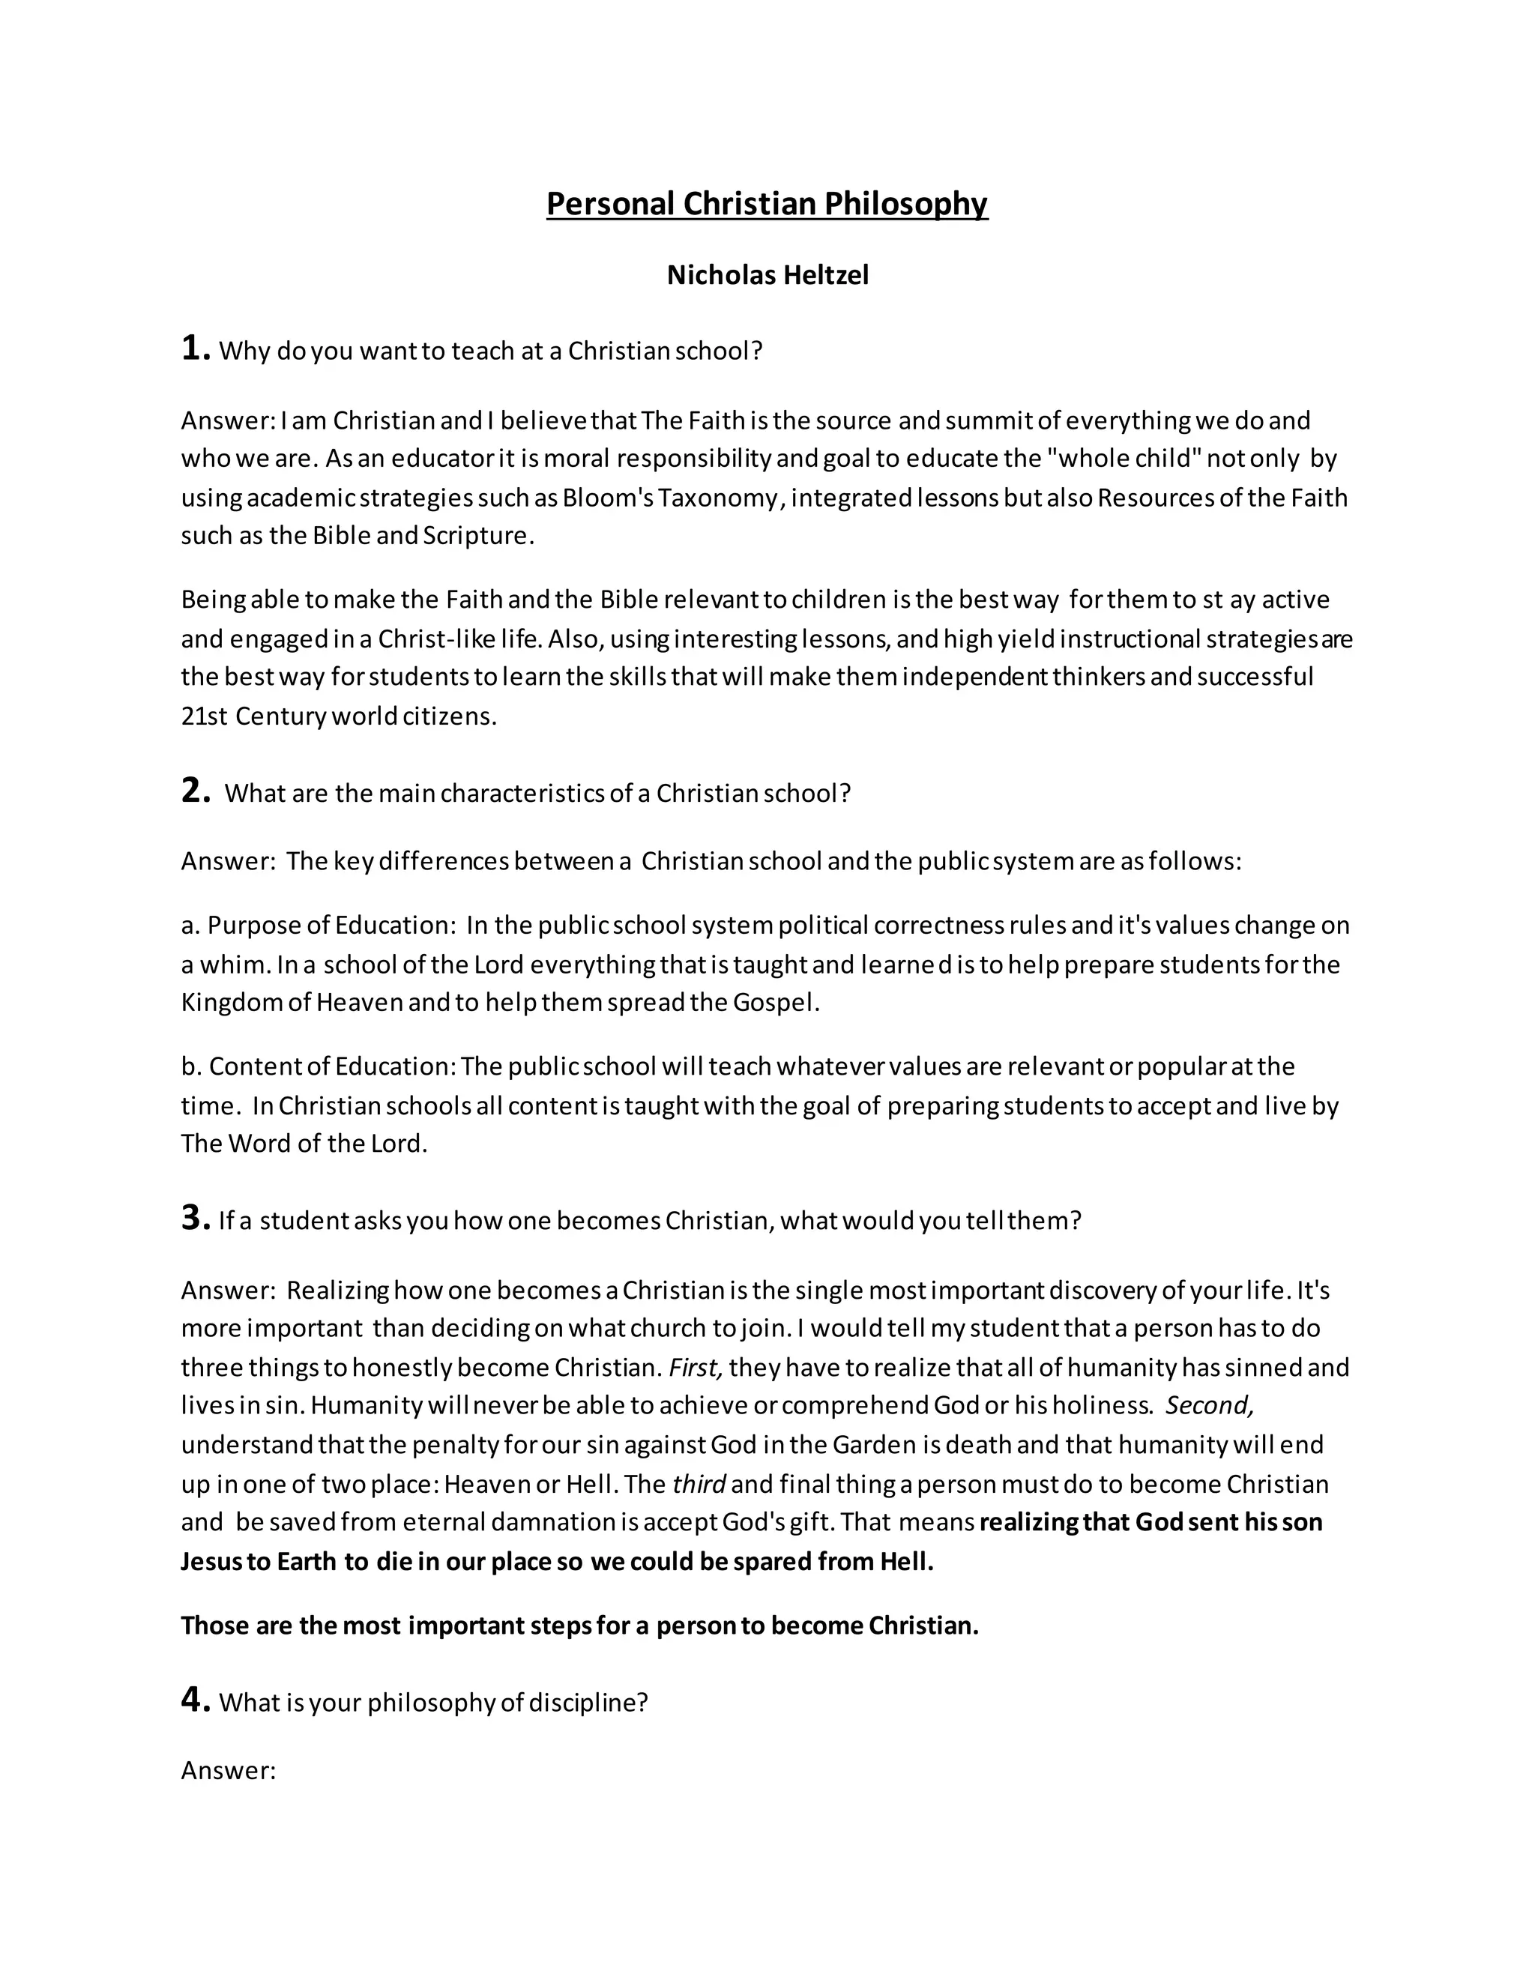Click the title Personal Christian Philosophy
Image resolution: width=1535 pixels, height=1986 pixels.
[x=767, y=204]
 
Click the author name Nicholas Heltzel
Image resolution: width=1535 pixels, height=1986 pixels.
[x=767, y=274]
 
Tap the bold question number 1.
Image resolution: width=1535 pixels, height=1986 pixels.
[x=195, y=348]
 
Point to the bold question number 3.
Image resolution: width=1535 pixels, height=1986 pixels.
[x=195, y=1218]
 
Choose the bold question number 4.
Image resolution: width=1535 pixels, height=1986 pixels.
[x=195, y=1700]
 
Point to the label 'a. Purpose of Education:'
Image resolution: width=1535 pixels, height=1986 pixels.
[x=319, y=925]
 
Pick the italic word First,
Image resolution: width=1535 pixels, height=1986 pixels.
[x=695, y=1368]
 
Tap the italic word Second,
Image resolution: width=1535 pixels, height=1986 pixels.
[x=1210, y=1406]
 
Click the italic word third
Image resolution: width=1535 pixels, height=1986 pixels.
[x=699, y=1484]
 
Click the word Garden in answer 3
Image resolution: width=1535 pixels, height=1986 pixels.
[x=872, y=1445]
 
